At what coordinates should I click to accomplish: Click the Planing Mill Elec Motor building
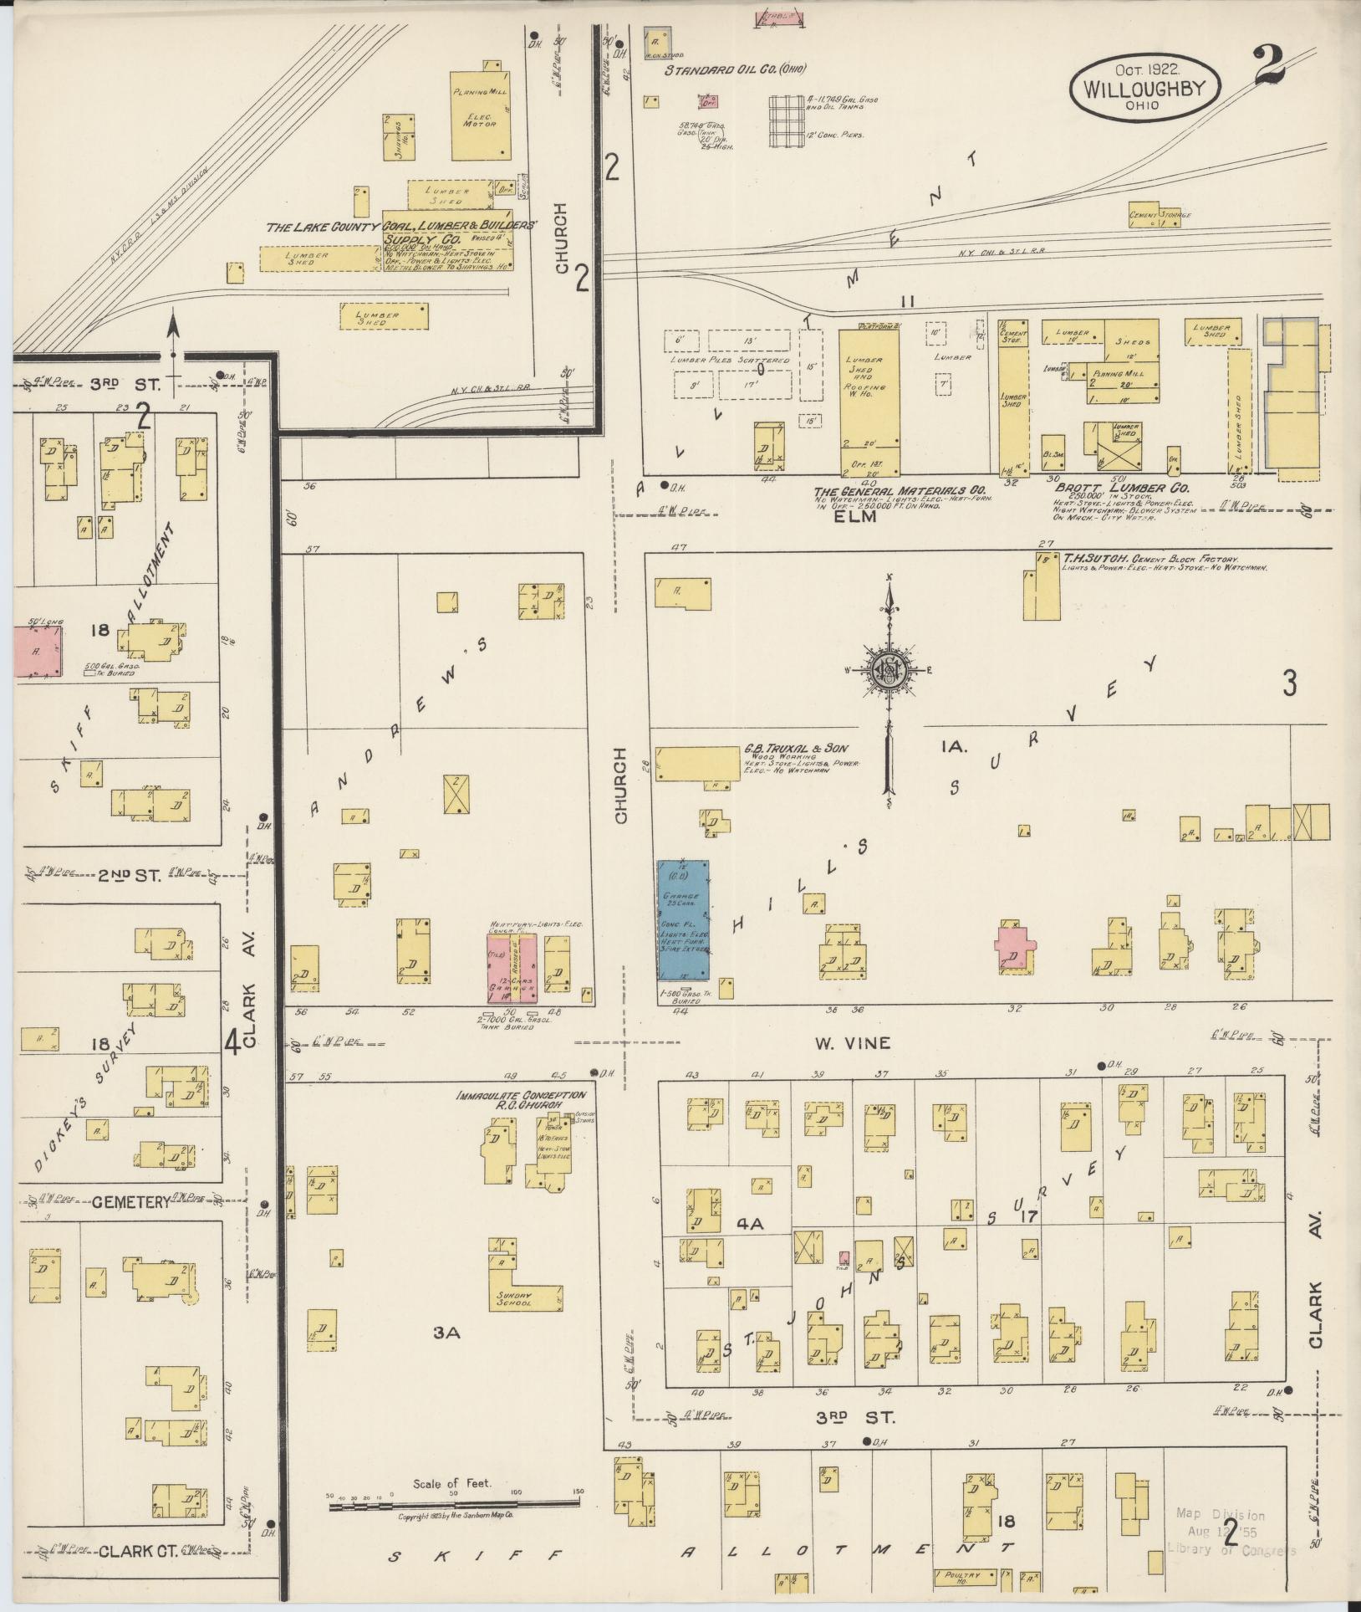click(482, 117)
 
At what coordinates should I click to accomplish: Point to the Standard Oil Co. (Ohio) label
click(735, 70)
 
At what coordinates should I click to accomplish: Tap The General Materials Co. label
click(900, 490)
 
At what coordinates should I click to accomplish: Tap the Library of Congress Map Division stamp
click(1231, 1531)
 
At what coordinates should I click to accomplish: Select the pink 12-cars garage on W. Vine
click(511, 970)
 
